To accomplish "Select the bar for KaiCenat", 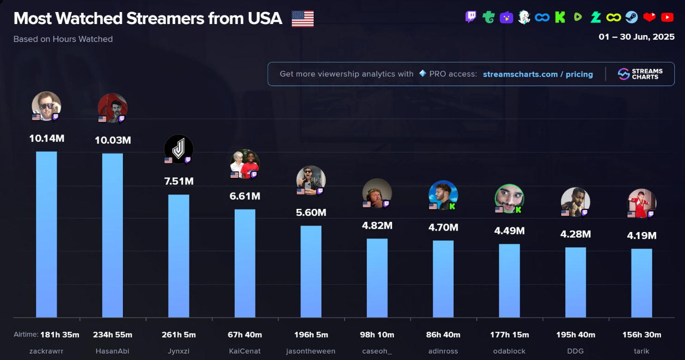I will (245, 263).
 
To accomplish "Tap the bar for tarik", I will (642, 283).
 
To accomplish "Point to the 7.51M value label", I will (179, 181).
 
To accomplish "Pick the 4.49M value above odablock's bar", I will (509, 231).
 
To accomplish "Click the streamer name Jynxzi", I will (179, 351).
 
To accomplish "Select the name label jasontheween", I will (311, 351).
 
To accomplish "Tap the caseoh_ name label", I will (377, 351).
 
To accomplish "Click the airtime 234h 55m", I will (112, 335).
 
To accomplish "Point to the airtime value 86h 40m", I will (443, 335).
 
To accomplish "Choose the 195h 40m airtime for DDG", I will (576, 335).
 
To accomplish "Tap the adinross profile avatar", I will (443, 195).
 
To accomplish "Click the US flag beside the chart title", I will (303, 18).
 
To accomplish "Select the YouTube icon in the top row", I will (667, 18).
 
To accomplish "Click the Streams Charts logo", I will (640, 74).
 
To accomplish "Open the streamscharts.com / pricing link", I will (538, 74).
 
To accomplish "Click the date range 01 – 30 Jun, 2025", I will (637, 37).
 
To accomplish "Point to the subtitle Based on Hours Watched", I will (63, 39).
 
